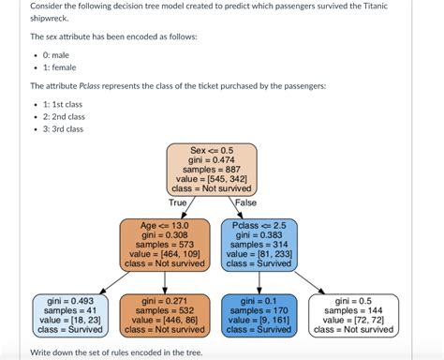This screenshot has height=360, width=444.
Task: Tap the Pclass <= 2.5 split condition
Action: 259,226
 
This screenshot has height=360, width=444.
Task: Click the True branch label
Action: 178,202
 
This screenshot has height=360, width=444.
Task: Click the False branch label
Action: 245,202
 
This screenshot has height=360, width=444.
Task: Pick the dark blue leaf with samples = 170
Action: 259,314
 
